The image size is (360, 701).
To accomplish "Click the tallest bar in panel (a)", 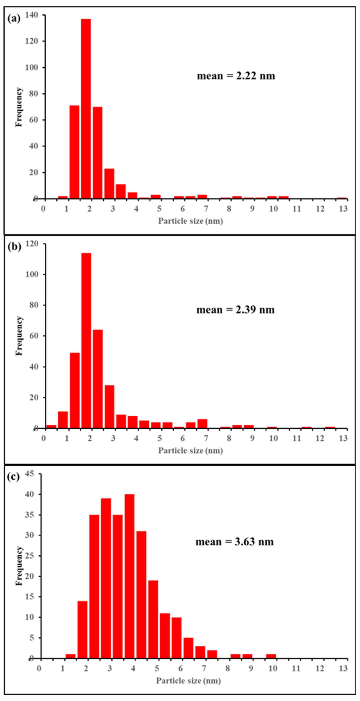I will click(x=86, y=109).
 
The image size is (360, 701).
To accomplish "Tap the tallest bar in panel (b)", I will click(x=86, y=340).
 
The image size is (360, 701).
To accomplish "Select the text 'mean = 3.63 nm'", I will click(x=234, y=542).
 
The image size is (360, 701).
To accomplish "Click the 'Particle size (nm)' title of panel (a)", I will click(x=191, y=221).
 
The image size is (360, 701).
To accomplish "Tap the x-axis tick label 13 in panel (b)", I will click(x=343, y=438).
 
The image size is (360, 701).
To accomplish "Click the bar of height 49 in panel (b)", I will click(x=75, y=391).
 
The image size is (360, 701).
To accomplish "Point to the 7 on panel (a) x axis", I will click(x=206, y=209).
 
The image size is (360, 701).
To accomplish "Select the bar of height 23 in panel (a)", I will click(x=109, y=184).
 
